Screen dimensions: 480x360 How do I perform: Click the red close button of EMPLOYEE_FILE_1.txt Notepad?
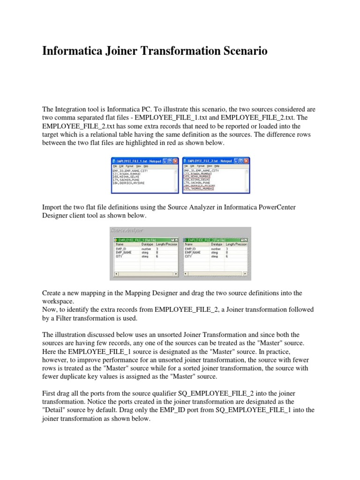tap(175, 161)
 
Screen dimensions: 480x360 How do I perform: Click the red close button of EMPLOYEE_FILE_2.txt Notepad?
tap(247, 161)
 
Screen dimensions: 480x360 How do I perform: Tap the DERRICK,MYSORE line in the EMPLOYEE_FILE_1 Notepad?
tap(129, 183)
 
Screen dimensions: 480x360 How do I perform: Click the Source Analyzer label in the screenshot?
tap(127, 230)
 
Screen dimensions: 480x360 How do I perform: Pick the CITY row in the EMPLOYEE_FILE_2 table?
tap(188, 256)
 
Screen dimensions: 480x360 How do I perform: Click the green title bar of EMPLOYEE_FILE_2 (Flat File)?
tap(211, 239)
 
